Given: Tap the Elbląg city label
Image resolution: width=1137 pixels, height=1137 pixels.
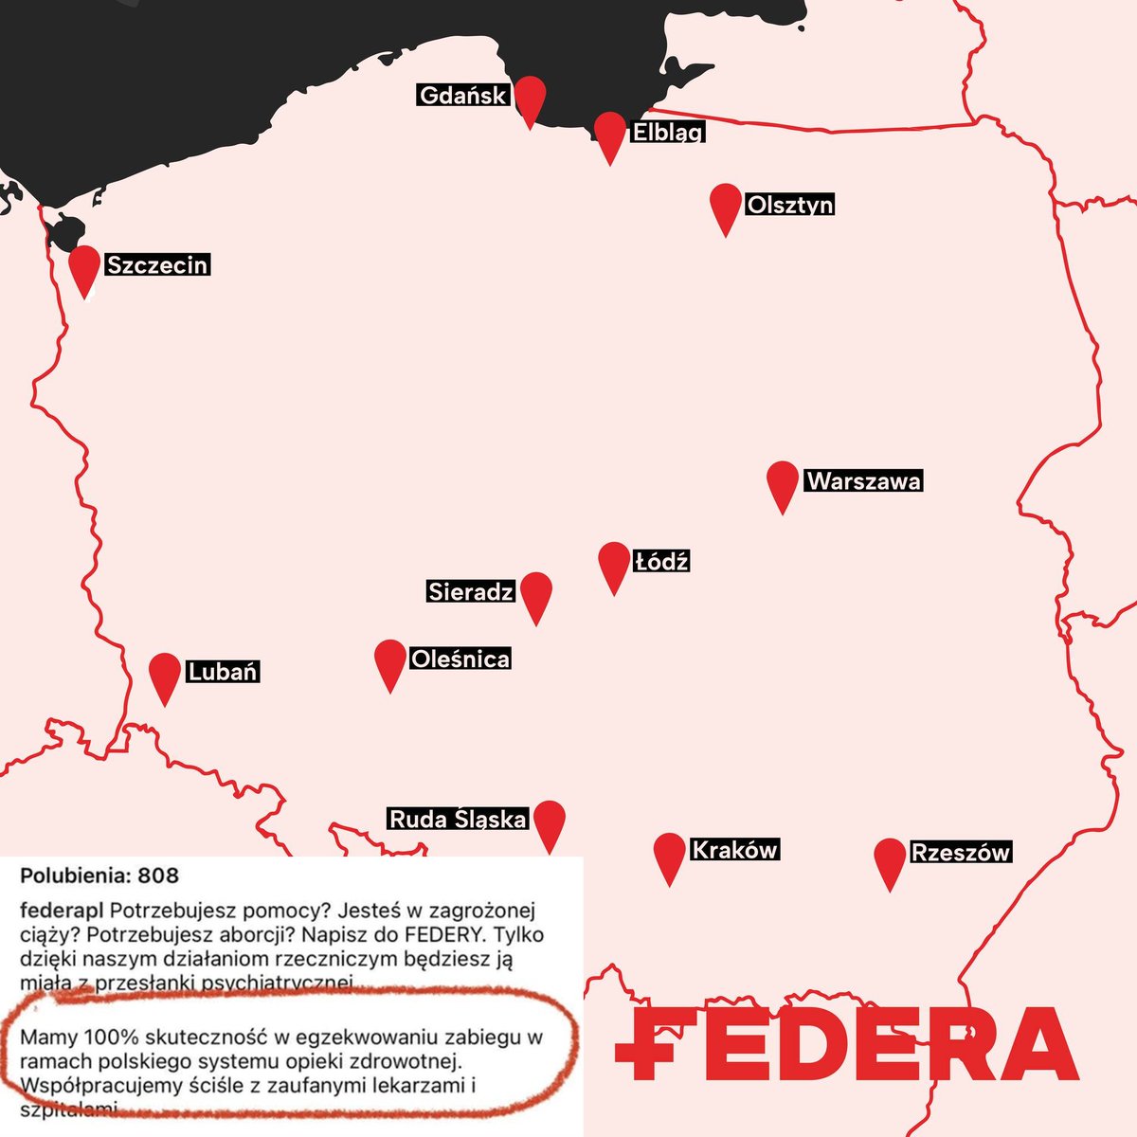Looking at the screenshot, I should [x=667, y=132].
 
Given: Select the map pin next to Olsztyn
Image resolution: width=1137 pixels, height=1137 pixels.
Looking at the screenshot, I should [x=726, y=204].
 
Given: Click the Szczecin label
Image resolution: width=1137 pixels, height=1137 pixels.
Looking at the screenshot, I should [x=157, y=264].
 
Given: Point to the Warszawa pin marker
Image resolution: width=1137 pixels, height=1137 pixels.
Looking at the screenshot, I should [x=783, y=482].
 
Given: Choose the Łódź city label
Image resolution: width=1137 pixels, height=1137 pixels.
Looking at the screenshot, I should [x=661, y=561].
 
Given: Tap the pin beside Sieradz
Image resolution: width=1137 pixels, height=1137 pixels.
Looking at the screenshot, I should [x=536, y=593].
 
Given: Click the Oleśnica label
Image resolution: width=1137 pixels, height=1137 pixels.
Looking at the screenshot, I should [x=460, y=659].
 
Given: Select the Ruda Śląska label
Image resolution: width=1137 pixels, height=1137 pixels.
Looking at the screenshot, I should [x=458, y=819].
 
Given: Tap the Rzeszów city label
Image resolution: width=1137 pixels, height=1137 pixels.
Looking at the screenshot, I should [x=960, y=852].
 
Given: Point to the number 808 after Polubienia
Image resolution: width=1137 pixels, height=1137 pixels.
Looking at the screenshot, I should [x=157, y=875].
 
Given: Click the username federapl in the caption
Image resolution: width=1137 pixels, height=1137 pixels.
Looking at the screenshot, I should [x=62, y=911].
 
